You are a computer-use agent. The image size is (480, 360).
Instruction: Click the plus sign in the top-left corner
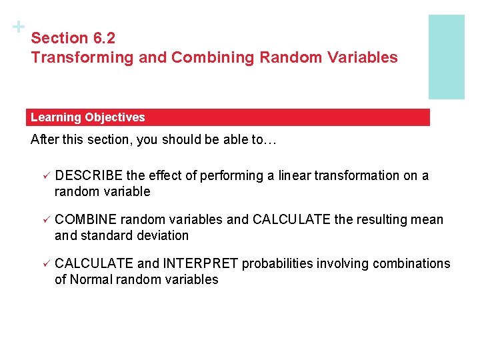pos(18,27)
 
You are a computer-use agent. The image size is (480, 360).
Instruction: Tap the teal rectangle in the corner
pos(446,57)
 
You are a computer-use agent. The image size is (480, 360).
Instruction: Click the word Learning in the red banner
pos(55,117)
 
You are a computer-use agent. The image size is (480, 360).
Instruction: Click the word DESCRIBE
pos(89,175)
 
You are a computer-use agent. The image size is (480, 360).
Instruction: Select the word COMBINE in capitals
pos(85,219)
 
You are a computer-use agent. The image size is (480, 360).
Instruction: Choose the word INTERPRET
pos(199,263)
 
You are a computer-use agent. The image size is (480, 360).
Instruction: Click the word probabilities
pos(277,263)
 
